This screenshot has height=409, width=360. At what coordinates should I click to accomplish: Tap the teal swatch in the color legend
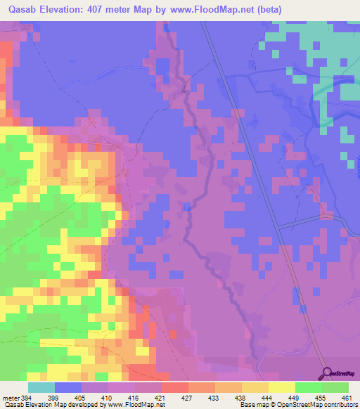point(41,387)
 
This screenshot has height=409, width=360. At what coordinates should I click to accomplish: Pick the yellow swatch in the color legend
point(282,387)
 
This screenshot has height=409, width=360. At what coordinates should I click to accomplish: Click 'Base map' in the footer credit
point(252,405)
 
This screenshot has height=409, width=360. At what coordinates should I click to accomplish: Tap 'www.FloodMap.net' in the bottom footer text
point(136,405)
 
